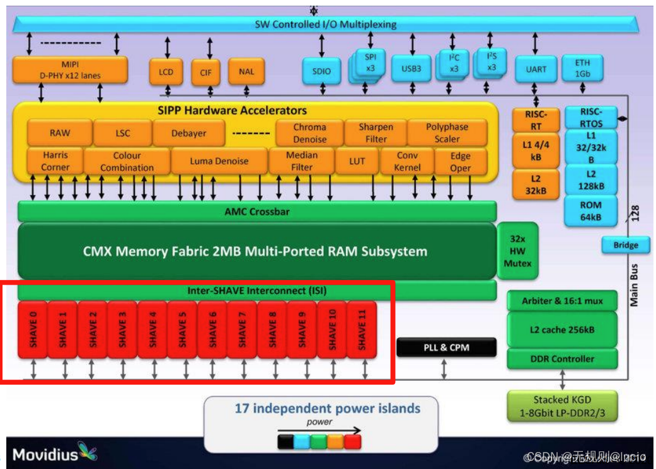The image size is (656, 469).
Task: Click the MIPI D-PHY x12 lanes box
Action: tap(70, 70)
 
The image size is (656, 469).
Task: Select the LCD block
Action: tap(166, 72)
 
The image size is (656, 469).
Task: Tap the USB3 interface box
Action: tap(411, 69)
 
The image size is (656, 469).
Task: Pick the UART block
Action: tap(536, 69)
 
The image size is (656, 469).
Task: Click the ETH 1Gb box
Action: tap(582, 68)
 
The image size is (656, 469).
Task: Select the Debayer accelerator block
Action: tap(188, 133)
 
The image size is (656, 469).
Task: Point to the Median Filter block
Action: tap(301, 161)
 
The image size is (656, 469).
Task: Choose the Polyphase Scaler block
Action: tap(447, 133)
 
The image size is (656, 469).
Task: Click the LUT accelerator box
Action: tap(357, 161)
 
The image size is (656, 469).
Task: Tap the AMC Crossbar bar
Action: tap(257, 212)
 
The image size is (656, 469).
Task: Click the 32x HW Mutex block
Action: tap(517, 251)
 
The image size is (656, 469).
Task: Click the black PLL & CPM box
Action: tap(446, 348)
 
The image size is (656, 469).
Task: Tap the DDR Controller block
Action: tap(563, 359)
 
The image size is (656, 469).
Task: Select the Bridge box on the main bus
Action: tap(625, 245)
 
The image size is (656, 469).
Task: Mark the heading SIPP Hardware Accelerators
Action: tap(232, 110)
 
